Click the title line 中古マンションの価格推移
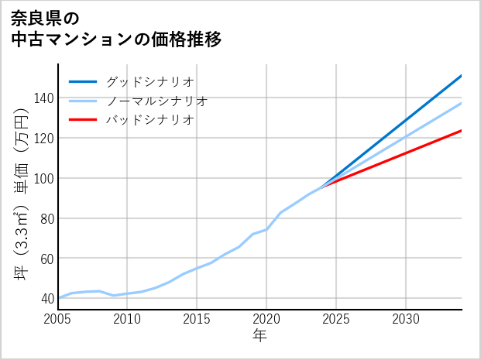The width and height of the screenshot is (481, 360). pos(117,39)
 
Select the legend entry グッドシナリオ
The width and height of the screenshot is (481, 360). pos(149,81)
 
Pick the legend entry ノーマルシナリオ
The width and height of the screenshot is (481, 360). pos(156,101)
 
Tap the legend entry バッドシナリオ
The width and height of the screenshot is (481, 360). pos(149,120)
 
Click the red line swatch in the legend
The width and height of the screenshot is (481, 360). pos(83,120)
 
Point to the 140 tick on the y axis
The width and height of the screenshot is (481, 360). pos(43,98)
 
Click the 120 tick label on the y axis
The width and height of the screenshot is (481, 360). pos(43,138)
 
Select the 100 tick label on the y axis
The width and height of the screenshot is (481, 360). pos(43,178)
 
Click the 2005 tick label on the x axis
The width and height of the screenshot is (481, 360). pos(58,319)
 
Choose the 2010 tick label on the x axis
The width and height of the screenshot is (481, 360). pos(128,319)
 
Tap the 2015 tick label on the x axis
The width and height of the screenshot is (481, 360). pos(198,319)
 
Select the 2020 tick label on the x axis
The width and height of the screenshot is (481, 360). pos(266,319)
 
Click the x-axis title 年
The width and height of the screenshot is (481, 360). pos(260,337)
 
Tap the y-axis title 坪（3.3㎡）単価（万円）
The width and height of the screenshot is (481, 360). pos(22,194)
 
